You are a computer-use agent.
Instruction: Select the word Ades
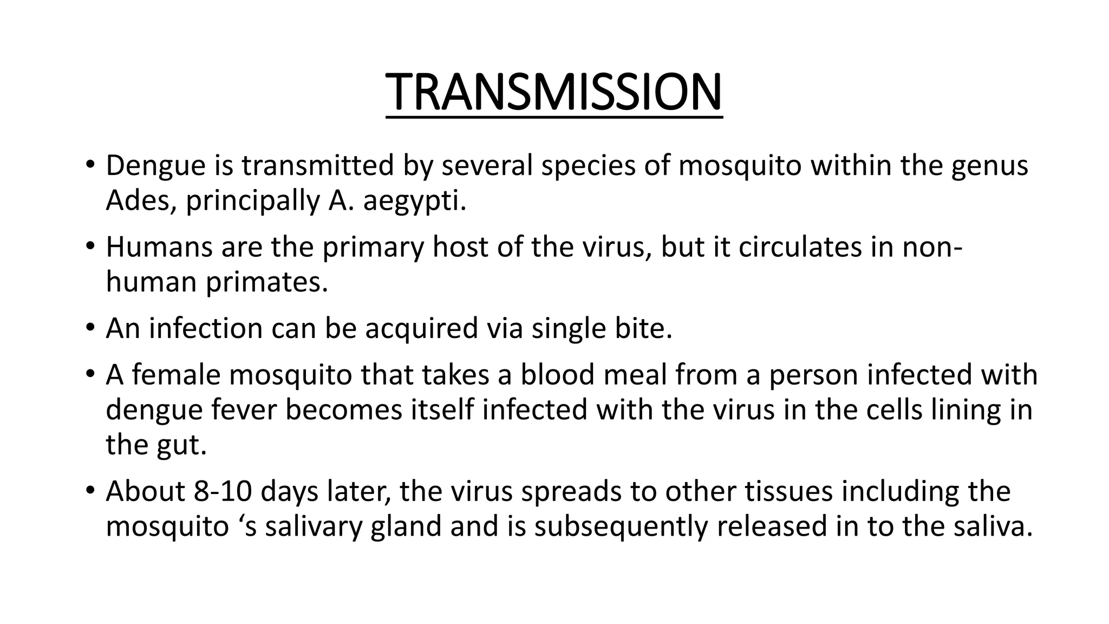pos(138,201)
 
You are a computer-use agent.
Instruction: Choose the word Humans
pos(159,247)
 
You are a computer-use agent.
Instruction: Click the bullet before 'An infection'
pos(89,328)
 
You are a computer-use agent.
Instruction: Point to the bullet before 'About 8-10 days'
pos(89,491)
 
